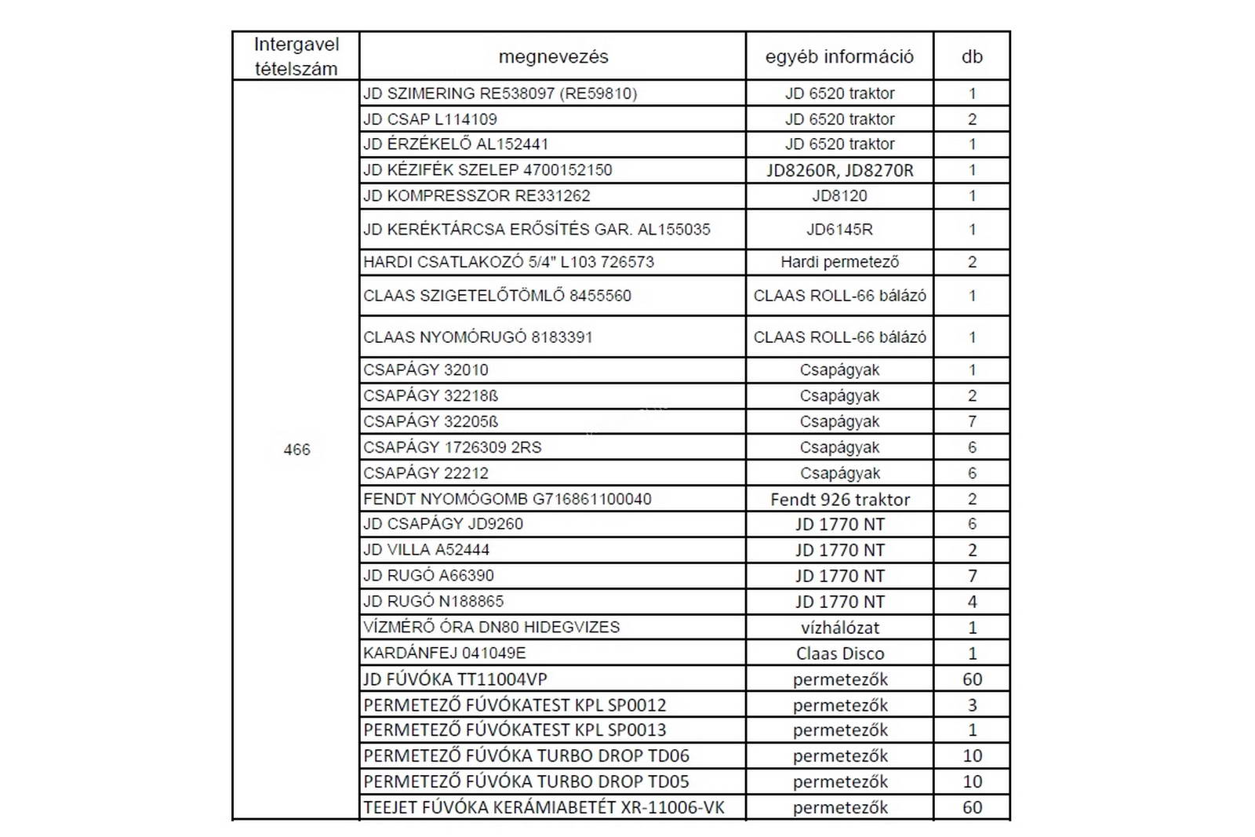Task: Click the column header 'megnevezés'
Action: [553, 56]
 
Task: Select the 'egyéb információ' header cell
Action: [839, 56]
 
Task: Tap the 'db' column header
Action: [972, 56]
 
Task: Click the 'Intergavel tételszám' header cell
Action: [296, 56]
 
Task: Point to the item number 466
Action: [296, 449]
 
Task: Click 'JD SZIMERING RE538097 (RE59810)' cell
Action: [500, 93]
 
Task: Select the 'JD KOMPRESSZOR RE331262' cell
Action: [476, 196]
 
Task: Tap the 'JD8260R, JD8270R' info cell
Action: [839, 170]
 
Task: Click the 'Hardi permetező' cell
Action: [839, 262]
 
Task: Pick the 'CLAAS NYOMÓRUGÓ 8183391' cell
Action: [478, 337]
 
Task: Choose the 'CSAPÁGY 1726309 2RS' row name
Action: [453, 447]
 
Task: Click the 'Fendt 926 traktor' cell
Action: [839, 499]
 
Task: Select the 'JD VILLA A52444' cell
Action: [426, 550]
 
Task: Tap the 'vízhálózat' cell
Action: [839, 628]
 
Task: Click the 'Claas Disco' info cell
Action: [839, 653]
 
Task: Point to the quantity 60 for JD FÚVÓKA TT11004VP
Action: [972, 679]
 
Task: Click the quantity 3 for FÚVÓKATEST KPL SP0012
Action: [972, 705]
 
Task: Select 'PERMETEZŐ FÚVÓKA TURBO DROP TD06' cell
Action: [526, 756]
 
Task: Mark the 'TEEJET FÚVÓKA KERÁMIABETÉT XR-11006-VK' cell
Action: [544, 807]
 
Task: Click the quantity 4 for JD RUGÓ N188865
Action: [972, 602]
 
